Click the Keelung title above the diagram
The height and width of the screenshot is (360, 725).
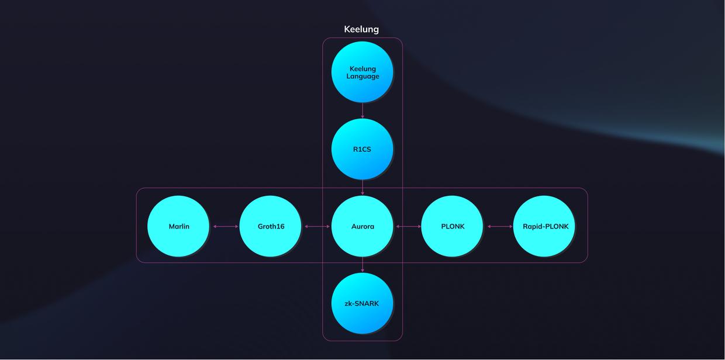coord(361,29)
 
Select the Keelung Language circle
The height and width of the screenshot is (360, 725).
coord(362,72)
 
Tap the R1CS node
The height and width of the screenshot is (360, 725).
coord(362,149)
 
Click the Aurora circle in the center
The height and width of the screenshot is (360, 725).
coord(362,226)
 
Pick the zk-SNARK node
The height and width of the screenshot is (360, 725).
coord(362,303)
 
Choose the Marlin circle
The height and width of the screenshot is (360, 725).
coord(178,226)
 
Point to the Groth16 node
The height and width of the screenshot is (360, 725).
coord(271,226)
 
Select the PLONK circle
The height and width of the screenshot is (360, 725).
coord(453,226)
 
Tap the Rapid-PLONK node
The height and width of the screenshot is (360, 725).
coord(545,226)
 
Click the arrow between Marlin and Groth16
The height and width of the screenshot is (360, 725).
coord(225,226)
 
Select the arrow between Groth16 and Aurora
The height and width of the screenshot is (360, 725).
coord(316,226)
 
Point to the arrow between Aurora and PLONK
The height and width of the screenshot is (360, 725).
coord(408,226)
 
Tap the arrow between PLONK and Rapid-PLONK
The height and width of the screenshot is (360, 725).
coord(499,226)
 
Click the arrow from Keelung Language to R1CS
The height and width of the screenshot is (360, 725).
coord(362,110)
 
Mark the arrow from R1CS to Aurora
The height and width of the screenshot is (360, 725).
coord(362,188)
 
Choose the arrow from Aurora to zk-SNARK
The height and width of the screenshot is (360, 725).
coord(362,265)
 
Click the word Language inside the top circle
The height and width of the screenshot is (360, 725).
coord(362,77)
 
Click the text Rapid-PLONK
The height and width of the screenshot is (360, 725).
coord(546,227)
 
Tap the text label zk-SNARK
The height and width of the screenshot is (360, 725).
coord(362,304)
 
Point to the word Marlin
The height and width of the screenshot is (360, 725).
coord(179,227)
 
